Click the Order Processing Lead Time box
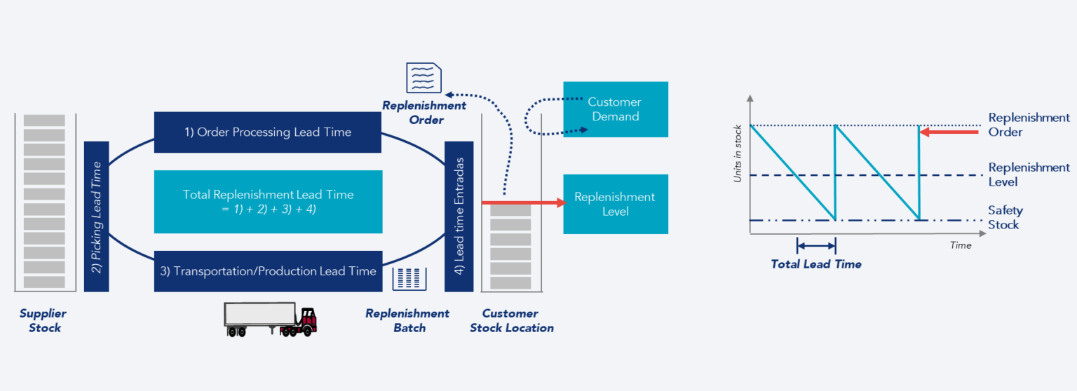tap(267, 132)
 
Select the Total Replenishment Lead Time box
tap(268, 202)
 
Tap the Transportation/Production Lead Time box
tap(268, 271)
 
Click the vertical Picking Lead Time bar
tap(96, 217)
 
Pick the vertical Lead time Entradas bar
tap(459, 217)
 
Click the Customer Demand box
tap(615, 109)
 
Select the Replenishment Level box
tap(615, 204)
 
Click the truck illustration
tap(271, 320)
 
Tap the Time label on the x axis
tap(961, 245)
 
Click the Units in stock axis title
tap(738, 155)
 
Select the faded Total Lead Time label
tap(815, 264)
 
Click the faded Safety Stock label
tap(1005, 217)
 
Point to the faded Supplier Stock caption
tap(40, 320)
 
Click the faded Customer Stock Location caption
tap(511, 320)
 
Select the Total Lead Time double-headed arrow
tap(817, 245)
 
